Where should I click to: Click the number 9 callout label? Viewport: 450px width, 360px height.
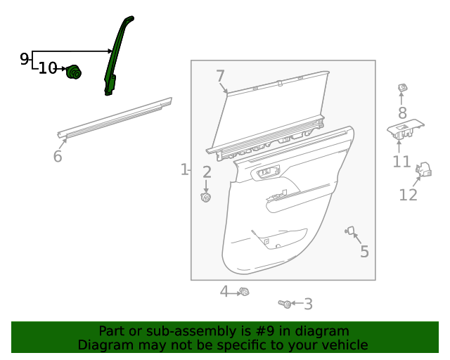tap(25, 58)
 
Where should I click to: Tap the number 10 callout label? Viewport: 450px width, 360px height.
tap(48, 68)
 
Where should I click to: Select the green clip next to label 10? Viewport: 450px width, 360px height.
tap(74, 72)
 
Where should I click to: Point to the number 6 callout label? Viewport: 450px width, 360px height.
tap(58, 156)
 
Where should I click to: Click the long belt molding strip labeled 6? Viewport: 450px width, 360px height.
tap(116, 116)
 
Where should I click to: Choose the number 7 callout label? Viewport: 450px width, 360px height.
tap(220, 76)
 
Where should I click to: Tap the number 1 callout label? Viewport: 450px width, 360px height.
tap(184, 169)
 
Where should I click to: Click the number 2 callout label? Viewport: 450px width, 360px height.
tap(207, 172)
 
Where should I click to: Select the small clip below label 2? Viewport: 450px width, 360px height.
tap(207, 198)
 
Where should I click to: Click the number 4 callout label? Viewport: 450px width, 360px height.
tap(224, 291)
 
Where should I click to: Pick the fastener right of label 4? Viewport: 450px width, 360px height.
tap(244, 291)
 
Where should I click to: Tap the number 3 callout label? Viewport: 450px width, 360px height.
tap(308, 304)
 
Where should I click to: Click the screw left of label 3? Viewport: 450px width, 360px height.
tap(285, 304)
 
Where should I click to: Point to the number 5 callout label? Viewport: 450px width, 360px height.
tap(364, 251)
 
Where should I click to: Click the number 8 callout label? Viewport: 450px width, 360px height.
tap(402, 112)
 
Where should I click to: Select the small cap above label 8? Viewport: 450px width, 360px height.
tap(403, 88)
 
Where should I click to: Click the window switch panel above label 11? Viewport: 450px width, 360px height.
tap(406, 130)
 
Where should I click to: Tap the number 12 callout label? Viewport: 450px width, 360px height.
tap(409, 195)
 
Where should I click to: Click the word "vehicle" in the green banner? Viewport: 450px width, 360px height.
tap(344, 345)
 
